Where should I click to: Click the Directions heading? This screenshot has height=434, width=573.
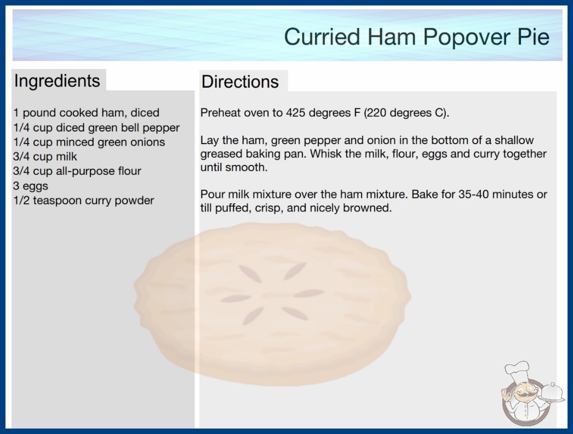click(x=240, y=82)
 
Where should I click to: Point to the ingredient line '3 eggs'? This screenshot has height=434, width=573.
click(x=31, y=186)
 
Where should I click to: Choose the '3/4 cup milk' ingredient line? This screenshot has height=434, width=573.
click(x=45, y=157)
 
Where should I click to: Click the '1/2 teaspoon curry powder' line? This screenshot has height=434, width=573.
click(x=84, y=201)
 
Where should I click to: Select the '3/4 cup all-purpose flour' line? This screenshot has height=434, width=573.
click(x=77, y=172)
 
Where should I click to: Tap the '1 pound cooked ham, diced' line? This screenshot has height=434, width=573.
click(x=86, y=113)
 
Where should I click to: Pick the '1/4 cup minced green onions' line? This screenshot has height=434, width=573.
click(x=89, y=142)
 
